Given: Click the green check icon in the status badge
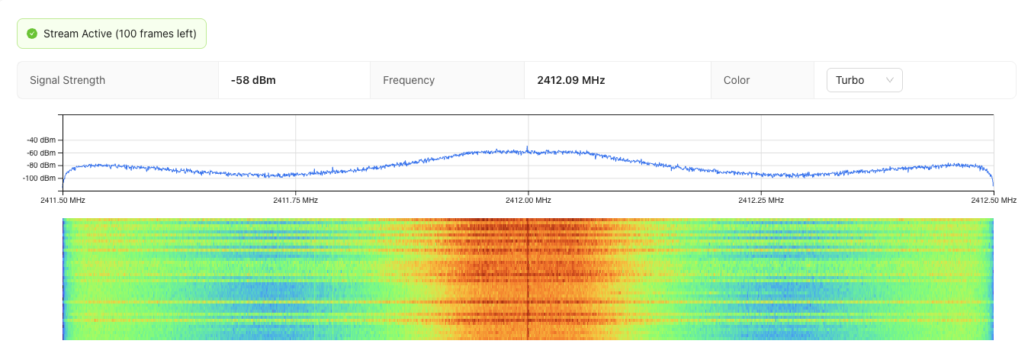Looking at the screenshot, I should coord(32,34).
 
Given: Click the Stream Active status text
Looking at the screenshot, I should coord(120,34).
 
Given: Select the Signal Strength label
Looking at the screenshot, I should coord(67,80).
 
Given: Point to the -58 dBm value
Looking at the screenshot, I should coord(253,80).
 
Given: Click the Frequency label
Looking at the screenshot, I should coord(409,80).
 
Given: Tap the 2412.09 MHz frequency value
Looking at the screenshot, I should coord(571,80).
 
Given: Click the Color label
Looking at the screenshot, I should coord(737,80).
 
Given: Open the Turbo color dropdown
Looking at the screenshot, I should coord(864,80).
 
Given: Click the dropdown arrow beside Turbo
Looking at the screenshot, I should coord(889,80).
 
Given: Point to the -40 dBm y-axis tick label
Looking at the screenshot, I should coord(40,140).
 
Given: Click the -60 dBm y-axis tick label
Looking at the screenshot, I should coord(40,153).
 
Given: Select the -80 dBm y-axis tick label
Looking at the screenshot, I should coord(40,165).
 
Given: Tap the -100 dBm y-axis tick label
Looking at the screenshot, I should coord(39,178).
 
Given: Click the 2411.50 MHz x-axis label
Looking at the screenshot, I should coord(63,201).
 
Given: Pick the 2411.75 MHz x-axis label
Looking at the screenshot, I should coord(295,201).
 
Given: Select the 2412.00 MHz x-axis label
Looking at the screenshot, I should coord(528,201).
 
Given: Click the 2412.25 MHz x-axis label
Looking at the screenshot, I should coord(761,201).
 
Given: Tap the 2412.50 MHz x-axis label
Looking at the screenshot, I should coord(994,201).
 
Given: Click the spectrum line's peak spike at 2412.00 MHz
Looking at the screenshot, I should coord(527,148).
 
